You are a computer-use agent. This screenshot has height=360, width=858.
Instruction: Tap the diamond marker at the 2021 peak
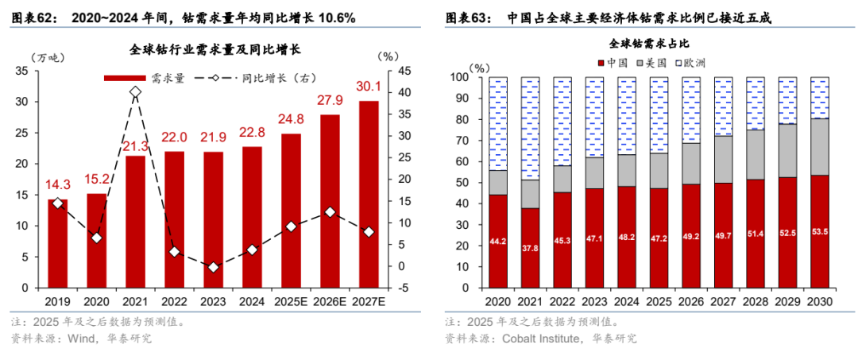(135, 92)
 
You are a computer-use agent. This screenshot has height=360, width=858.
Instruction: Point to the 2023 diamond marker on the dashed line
(213, 268)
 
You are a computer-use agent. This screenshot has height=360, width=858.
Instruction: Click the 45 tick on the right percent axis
(404, 72)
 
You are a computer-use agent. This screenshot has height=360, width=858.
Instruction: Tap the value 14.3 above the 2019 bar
(57, 184)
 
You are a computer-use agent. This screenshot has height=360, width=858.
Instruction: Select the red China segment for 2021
(530, 247)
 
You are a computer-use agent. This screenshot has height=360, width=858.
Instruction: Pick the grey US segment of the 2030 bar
(819, 146)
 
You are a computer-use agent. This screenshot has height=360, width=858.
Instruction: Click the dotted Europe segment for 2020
(498, 124)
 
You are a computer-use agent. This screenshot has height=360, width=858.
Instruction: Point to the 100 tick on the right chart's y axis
(461, 78)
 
